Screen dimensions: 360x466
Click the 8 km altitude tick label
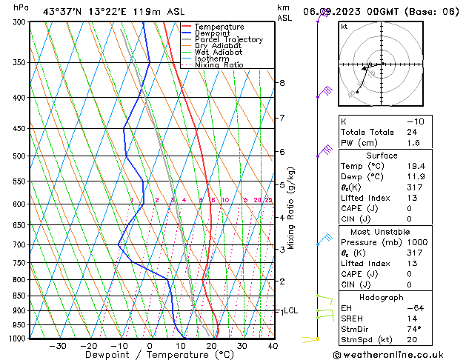(x=282, y=83)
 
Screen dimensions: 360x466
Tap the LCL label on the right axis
(x=290, y=311)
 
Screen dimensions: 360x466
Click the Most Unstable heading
(x=381, y=231)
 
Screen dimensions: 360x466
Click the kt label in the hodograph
(x=344, y=27)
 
